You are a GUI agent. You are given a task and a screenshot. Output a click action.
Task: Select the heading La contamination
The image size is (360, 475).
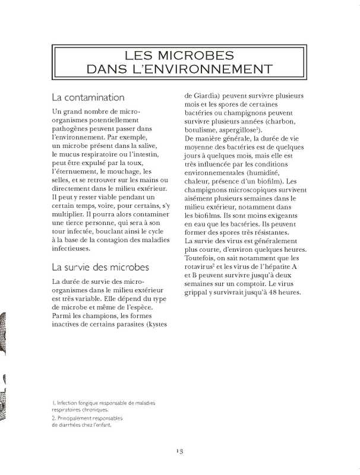pyautogui.click(x=88, y=97)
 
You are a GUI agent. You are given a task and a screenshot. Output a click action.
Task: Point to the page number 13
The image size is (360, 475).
pyautogui.click(x=179, y=451)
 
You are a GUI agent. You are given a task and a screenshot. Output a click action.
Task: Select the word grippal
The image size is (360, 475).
pyautogui.click(x=199, y=292)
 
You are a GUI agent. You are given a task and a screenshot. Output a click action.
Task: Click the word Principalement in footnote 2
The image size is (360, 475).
pyautogui.click(x=77, y=418)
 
